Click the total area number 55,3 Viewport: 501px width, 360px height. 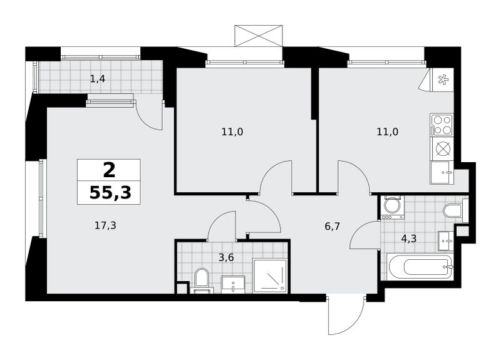(110, 193)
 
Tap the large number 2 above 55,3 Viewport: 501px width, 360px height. (109, 170)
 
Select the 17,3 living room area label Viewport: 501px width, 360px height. (105, 226)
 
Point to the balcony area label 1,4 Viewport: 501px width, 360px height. (98, 79)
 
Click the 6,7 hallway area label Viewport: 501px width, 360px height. (333, 227)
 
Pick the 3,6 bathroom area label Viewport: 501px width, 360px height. (226, 257)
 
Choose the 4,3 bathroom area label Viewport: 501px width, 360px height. (409, 239)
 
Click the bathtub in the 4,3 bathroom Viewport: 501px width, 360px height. (420, 267)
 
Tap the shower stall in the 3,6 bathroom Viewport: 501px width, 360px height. (271, 275)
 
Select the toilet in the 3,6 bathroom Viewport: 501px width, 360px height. (202, 280)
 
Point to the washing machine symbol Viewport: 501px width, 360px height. (392, 207)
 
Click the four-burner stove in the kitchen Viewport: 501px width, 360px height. (442, 125)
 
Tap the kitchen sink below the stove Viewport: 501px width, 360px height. (442, 173)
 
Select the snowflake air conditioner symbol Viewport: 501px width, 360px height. (443, 80)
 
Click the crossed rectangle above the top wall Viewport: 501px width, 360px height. (259, 36)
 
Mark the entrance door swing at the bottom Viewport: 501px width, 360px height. (346, 316)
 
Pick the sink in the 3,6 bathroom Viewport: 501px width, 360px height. (234, 285)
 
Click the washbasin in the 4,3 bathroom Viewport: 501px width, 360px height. (446, 240)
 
